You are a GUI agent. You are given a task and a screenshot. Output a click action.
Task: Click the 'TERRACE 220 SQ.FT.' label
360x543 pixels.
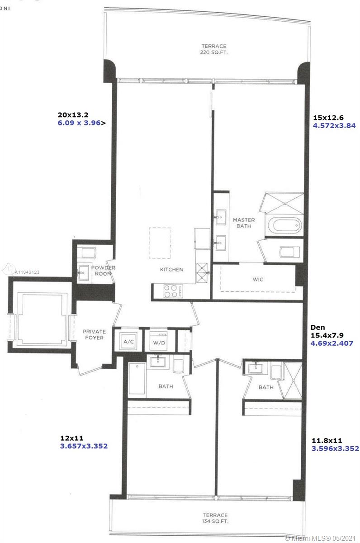214,49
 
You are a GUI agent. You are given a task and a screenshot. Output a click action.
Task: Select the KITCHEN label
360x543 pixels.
171,270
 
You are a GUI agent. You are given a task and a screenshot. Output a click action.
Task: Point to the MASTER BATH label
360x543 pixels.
244,223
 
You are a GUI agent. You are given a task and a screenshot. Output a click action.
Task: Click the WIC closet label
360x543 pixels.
258,279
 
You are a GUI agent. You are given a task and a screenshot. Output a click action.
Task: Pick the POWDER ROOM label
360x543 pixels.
103,271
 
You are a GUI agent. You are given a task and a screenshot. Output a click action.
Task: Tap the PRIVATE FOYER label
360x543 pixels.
94,334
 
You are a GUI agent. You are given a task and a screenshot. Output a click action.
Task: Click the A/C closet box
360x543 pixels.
128,342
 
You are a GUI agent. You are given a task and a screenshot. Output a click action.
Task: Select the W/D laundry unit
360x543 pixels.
158,341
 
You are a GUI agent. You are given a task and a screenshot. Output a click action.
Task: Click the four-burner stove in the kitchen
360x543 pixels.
173,291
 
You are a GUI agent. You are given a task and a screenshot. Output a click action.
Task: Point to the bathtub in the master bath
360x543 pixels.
287,225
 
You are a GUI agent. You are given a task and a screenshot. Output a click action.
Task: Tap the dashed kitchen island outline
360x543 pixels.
160,243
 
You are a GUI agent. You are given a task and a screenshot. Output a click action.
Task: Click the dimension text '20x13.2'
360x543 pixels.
73,114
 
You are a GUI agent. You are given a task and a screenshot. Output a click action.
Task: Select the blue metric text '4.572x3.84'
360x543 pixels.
334,126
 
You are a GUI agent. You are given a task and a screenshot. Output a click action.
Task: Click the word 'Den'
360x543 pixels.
317,327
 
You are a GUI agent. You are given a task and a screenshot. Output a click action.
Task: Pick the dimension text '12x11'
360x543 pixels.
72,438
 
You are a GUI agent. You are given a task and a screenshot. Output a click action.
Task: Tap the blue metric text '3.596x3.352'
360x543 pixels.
335,448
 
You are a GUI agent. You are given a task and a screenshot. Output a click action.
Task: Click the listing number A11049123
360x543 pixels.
27,272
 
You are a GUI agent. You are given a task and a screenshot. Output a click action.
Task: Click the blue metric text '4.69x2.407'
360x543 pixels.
332,343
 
